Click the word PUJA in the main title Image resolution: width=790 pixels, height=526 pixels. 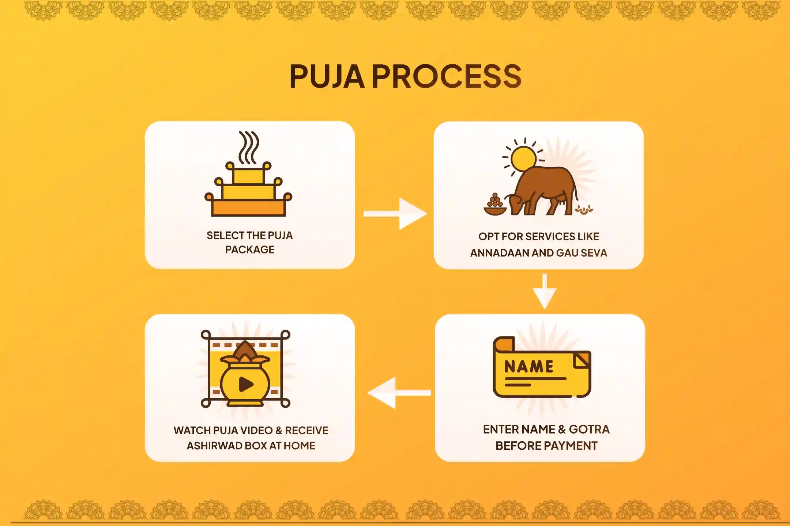pos(327,76)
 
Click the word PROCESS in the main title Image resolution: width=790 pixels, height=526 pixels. pos(447,76)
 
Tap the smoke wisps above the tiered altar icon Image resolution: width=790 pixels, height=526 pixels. pos(249,147)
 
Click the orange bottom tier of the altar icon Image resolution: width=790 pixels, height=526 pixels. pos(248,209)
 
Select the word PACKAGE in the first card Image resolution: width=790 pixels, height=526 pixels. pos(250,250)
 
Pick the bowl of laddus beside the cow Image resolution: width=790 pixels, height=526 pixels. pos(495,206)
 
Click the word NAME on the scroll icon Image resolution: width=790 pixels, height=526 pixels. pos(529,367)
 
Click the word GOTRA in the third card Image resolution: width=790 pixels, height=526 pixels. pos(589,429)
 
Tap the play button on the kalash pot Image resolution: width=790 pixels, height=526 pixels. pos(246,384)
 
